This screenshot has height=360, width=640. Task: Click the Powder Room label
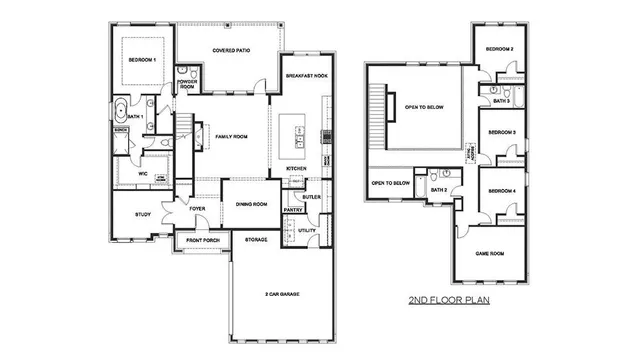187,86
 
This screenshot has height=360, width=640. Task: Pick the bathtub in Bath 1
121,111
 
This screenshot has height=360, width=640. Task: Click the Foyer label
198,209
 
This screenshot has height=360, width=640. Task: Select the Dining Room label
251,204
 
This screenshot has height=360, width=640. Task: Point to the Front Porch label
203,241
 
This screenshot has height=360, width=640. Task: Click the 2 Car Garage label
283,294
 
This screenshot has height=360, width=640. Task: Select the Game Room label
489,254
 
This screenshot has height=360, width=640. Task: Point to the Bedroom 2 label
499,49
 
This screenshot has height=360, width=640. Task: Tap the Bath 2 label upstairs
438,189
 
